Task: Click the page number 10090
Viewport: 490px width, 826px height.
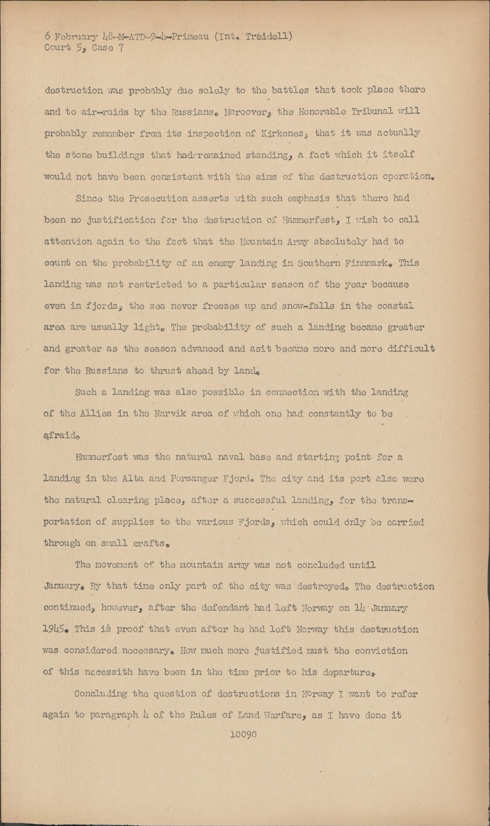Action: (x=243, y=735)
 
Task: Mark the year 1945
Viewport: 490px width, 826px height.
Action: (x=55, y=629)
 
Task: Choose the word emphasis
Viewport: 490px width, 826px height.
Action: (x=305, y=198)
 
